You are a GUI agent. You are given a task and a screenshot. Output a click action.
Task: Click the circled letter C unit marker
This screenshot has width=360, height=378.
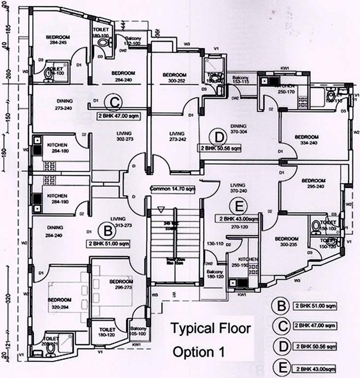click(x=114, y=103)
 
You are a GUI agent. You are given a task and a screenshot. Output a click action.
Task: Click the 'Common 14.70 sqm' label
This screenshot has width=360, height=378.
click(x=171, y=189)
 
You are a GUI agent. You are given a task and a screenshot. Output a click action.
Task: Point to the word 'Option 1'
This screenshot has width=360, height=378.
click(x=198, y=352)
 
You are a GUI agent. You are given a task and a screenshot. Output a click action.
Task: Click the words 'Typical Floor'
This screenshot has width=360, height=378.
click(x=210, y=327)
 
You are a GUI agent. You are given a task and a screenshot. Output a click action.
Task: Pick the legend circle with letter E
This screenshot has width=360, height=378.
click(x=280, y=367)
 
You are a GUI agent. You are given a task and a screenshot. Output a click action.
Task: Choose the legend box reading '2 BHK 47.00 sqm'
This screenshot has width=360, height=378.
click(x=314, y=326)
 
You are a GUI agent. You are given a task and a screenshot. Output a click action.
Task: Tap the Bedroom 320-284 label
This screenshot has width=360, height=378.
click(x=60, y=302)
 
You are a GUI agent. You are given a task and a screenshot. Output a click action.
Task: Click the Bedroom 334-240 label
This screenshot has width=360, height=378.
click(x=306, y=140)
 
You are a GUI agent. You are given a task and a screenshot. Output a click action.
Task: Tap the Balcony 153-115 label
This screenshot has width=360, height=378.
click(x=240, y=80)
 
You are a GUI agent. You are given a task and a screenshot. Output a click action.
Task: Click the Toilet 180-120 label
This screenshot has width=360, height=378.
click(x=107, y=332)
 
